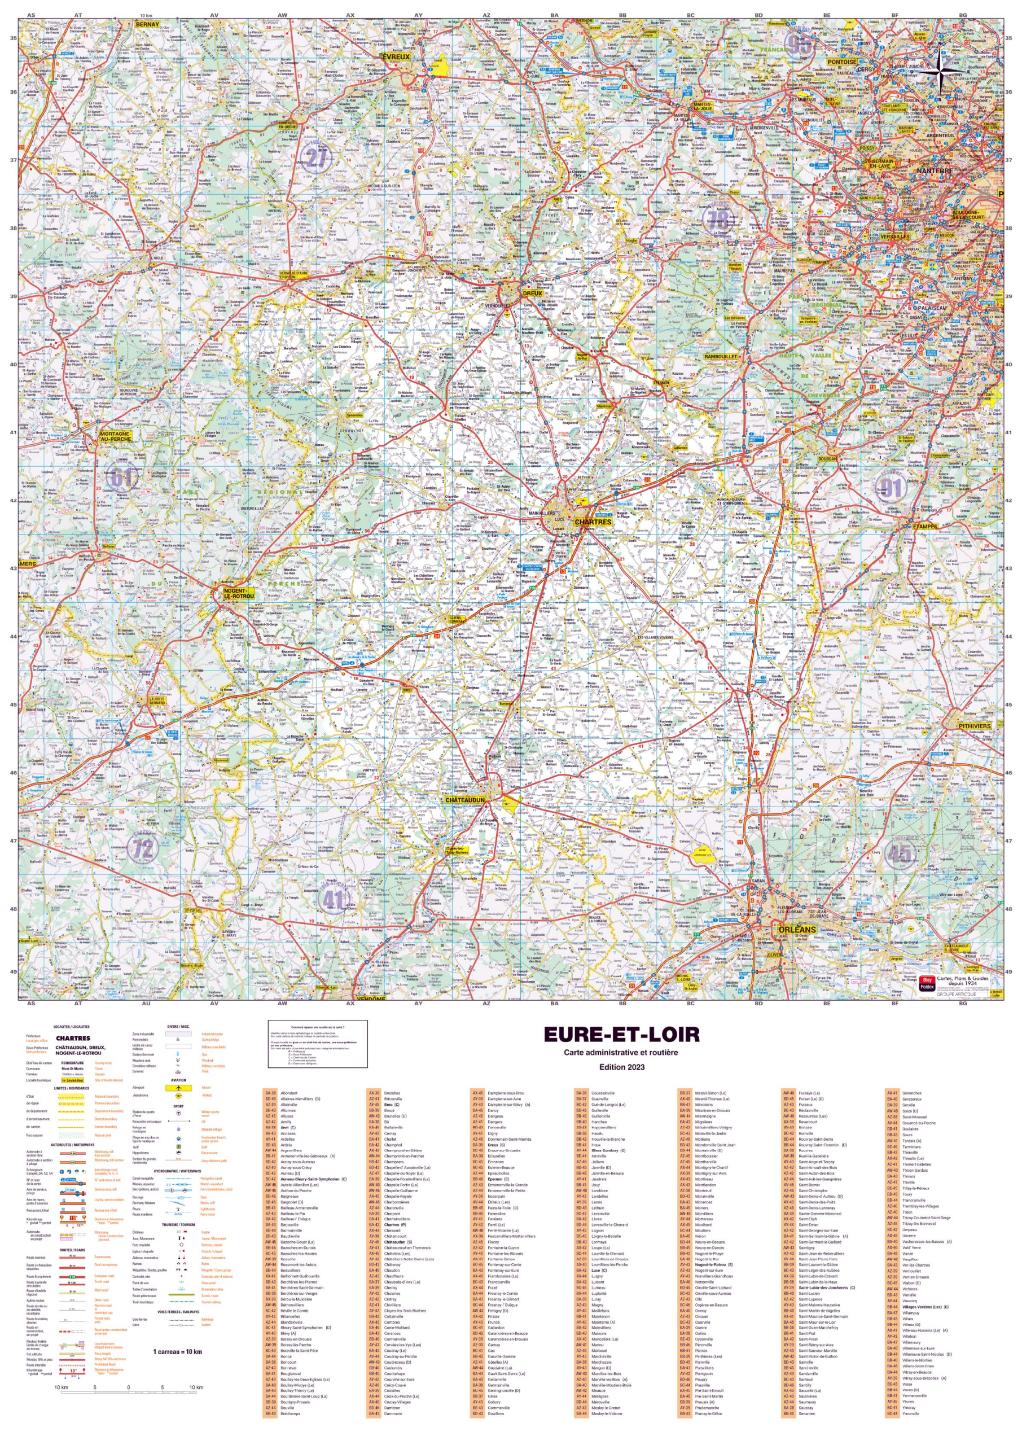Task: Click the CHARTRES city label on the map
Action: pos(593,522)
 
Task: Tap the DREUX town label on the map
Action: pos(532,294)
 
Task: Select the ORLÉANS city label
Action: pos(797,930)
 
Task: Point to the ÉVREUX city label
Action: pos(396,56)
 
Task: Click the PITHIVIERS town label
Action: pos(975,726)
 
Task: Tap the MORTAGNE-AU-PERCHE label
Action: pos(115,436)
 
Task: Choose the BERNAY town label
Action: pos(147,24)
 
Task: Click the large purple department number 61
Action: pos(121,478)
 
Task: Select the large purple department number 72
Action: pos(143,848)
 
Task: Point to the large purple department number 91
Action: pos(891,487)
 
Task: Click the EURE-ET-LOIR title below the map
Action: pos(621,1035)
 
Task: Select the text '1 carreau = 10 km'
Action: pos(177,1351)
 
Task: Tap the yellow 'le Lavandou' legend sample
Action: pos(72,1080)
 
